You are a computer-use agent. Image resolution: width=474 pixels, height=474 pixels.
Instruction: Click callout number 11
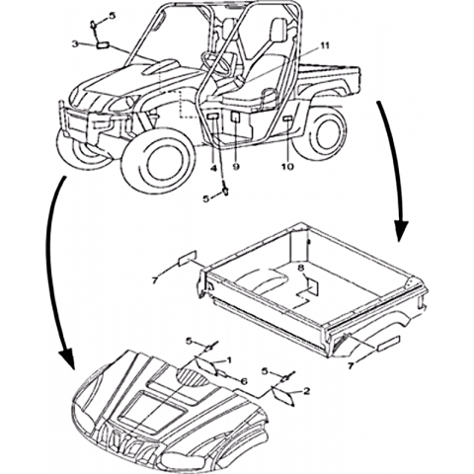click(325, 46)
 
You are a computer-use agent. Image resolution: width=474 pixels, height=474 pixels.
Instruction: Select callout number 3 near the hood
click(75, 44)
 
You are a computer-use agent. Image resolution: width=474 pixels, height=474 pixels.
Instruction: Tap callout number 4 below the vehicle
click(213, 169)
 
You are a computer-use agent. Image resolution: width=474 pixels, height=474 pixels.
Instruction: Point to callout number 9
click(236, 167)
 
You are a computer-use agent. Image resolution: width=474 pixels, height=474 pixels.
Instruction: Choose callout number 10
click(287, 167)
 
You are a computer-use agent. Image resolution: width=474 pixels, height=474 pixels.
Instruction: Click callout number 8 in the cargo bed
click(300, 268)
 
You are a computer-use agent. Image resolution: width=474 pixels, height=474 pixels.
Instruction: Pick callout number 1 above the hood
click(229, 359)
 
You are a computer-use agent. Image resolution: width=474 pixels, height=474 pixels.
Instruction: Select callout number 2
click(306, 391)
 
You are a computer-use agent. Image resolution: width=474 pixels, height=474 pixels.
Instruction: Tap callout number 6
click(244, 381)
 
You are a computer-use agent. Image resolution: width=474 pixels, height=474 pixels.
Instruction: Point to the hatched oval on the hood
click(194, 377)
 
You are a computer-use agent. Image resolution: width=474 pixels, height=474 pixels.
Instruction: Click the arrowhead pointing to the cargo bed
click(401, 231)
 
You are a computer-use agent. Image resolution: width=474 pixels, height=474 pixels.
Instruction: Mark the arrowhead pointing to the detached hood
click(67, 358)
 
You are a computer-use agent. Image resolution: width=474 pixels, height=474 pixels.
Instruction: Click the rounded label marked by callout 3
click(103, 45)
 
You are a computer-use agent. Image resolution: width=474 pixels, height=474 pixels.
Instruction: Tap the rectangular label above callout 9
click(236, 117)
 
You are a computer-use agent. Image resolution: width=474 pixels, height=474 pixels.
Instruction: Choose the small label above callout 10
click(287, 118)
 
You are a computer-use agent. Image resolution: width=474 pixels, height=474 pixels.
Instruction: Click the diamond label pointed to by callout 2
click(282, 396)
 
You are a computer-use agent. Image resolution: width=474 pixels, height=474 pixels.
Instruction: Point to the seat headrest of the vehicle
click(278, 29)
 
